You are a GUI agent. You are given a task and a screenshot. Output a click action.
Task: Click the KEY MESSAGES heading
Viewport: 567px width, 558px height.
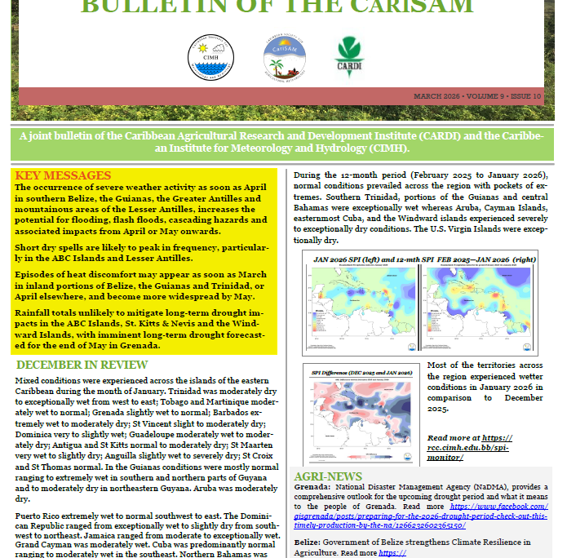click(63, 175)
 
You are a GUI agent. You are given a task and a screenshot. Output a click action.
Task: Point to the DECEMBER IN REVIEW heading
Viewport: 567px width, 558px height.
click(82, 365)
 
